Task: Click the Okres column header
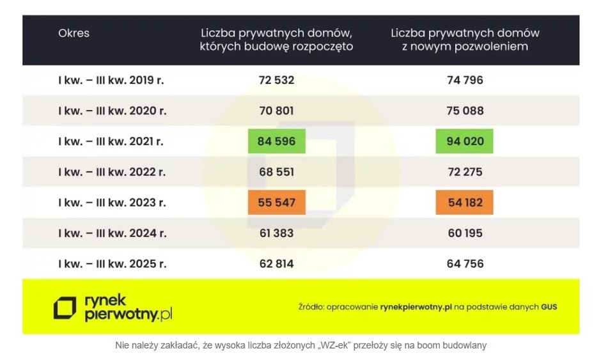[x=74, y=33]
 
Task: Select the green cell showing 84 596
[x=276, y=141]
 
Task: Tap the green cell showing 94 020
[x=465, y=141]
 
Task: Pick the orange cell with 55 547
[x=276, y=203]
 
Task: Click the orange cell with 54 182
[x=465, y=203]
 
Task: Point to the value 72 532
[x=276, y=80]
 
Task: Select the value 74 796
[x=465, y=80]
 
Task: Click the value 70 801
[x=276, y=111]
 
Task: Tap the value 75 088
[x=465, y=111]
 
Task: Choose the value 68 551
[x=276, y=172]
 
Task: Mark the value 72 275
[x=465, y=172]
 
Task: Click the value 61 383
[x=276, y=233]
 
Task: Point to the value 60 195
[x=465, y=233]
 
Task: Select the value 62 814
[x=276, y=263]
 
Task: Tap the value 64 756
[x=465, y=263]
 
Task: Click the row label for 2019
[x=112, y=80]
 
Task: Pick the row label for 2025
[x=112, y=263]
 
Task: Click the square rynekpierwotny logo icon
[x=65, y=308]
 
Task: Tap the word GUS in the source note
[x=549, y=307]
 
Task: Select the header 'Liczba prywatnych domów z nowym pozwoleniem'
[x=465, y=40]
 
